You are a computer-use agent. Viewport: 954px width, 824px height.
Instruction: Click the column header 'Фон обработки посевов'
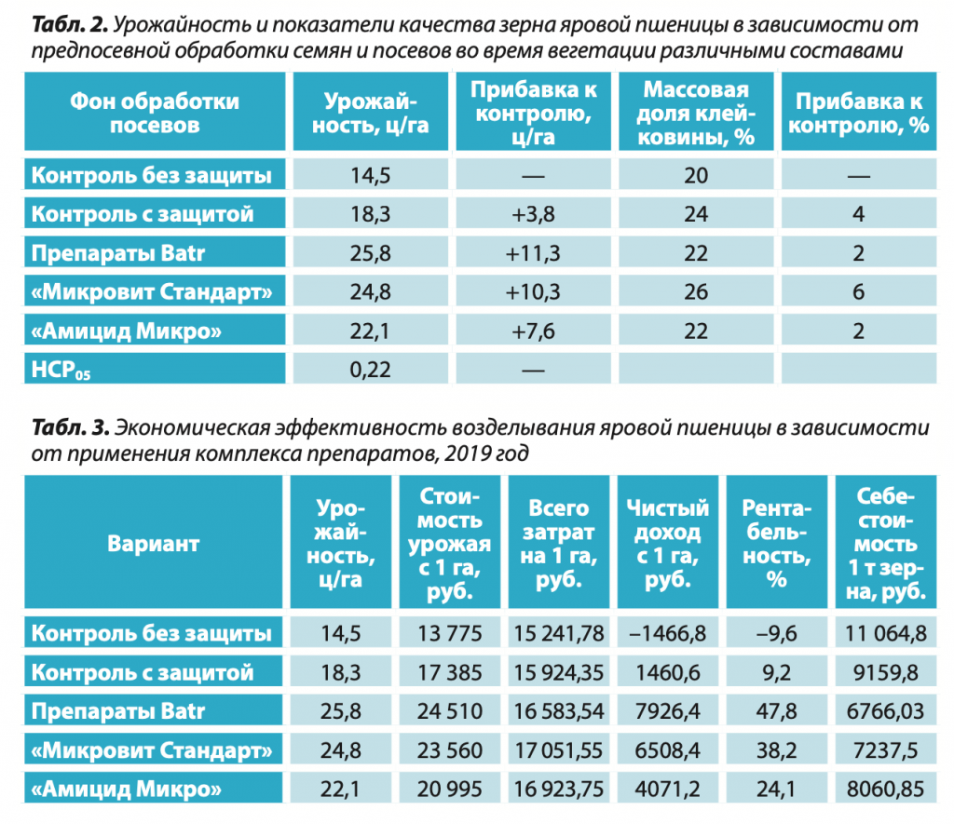pos(155,113)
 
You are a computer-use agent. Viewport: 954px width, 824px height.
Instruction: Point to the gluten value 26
pos(695,292)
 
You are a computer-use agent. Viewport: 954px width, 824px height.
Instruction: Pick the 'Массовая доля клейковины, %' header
pos(695,113)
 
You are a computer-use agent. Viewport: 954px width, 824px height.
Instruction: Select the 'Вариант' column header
pos(154,544)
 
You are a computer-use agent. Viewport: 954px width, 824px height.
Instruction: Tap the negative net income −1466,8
pos(667,633)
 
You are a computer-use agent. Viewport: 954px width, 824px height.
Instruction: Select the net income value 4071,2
pos(667,790)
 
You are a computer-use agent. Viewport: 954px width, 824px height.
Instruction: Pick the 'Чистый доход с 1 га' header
pos(667,544)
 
